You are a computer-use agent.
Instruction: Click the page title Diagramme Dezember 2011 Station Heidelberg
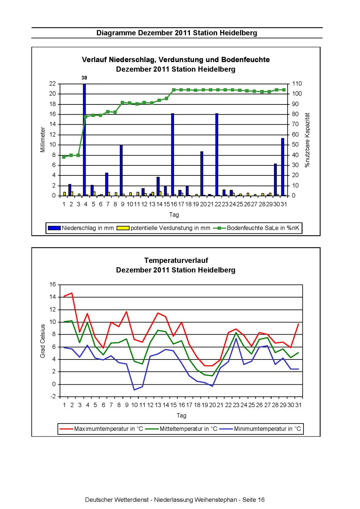[x=177, y=33]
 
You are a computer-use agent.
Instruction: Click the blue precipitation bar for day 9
[x=121, y=170]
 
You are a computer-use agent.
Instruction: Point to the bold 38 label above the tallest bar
[x=84, y=78]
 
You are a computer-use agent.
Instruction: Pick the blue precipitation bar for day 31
[x=283, y=167]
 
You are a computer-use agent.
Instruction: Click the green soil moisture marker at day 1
[x=64, y=157]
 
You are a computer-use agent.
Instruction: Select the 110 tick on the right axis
[x=297, y=84]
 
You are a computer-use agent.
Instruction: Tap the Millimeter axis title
[x=43, y=139]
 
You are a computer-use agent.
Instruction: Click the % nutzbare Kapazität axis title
[x=307, y=140]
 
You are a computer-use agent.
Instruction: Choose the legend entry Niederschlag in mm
[x=80, y=228]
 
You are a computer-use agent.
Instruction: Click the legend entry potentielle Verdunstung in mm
[x=163, y=228]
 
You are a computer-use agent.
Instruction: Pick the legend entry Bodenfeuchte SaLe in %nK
[x=256, y=228]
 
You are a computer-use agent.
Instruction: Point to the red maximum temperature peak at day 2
[x=72, y=293]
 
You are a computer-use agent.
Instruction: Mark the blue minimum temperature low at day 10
[x=135, y=390]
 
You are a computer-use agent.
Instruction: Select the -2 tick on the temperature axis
[x=53, y=396]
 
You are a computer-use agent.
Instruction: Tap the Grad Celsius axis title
[x=43, y=341]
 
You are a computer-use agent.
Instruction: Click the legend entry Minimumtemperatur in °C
[x=261, y=429]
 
